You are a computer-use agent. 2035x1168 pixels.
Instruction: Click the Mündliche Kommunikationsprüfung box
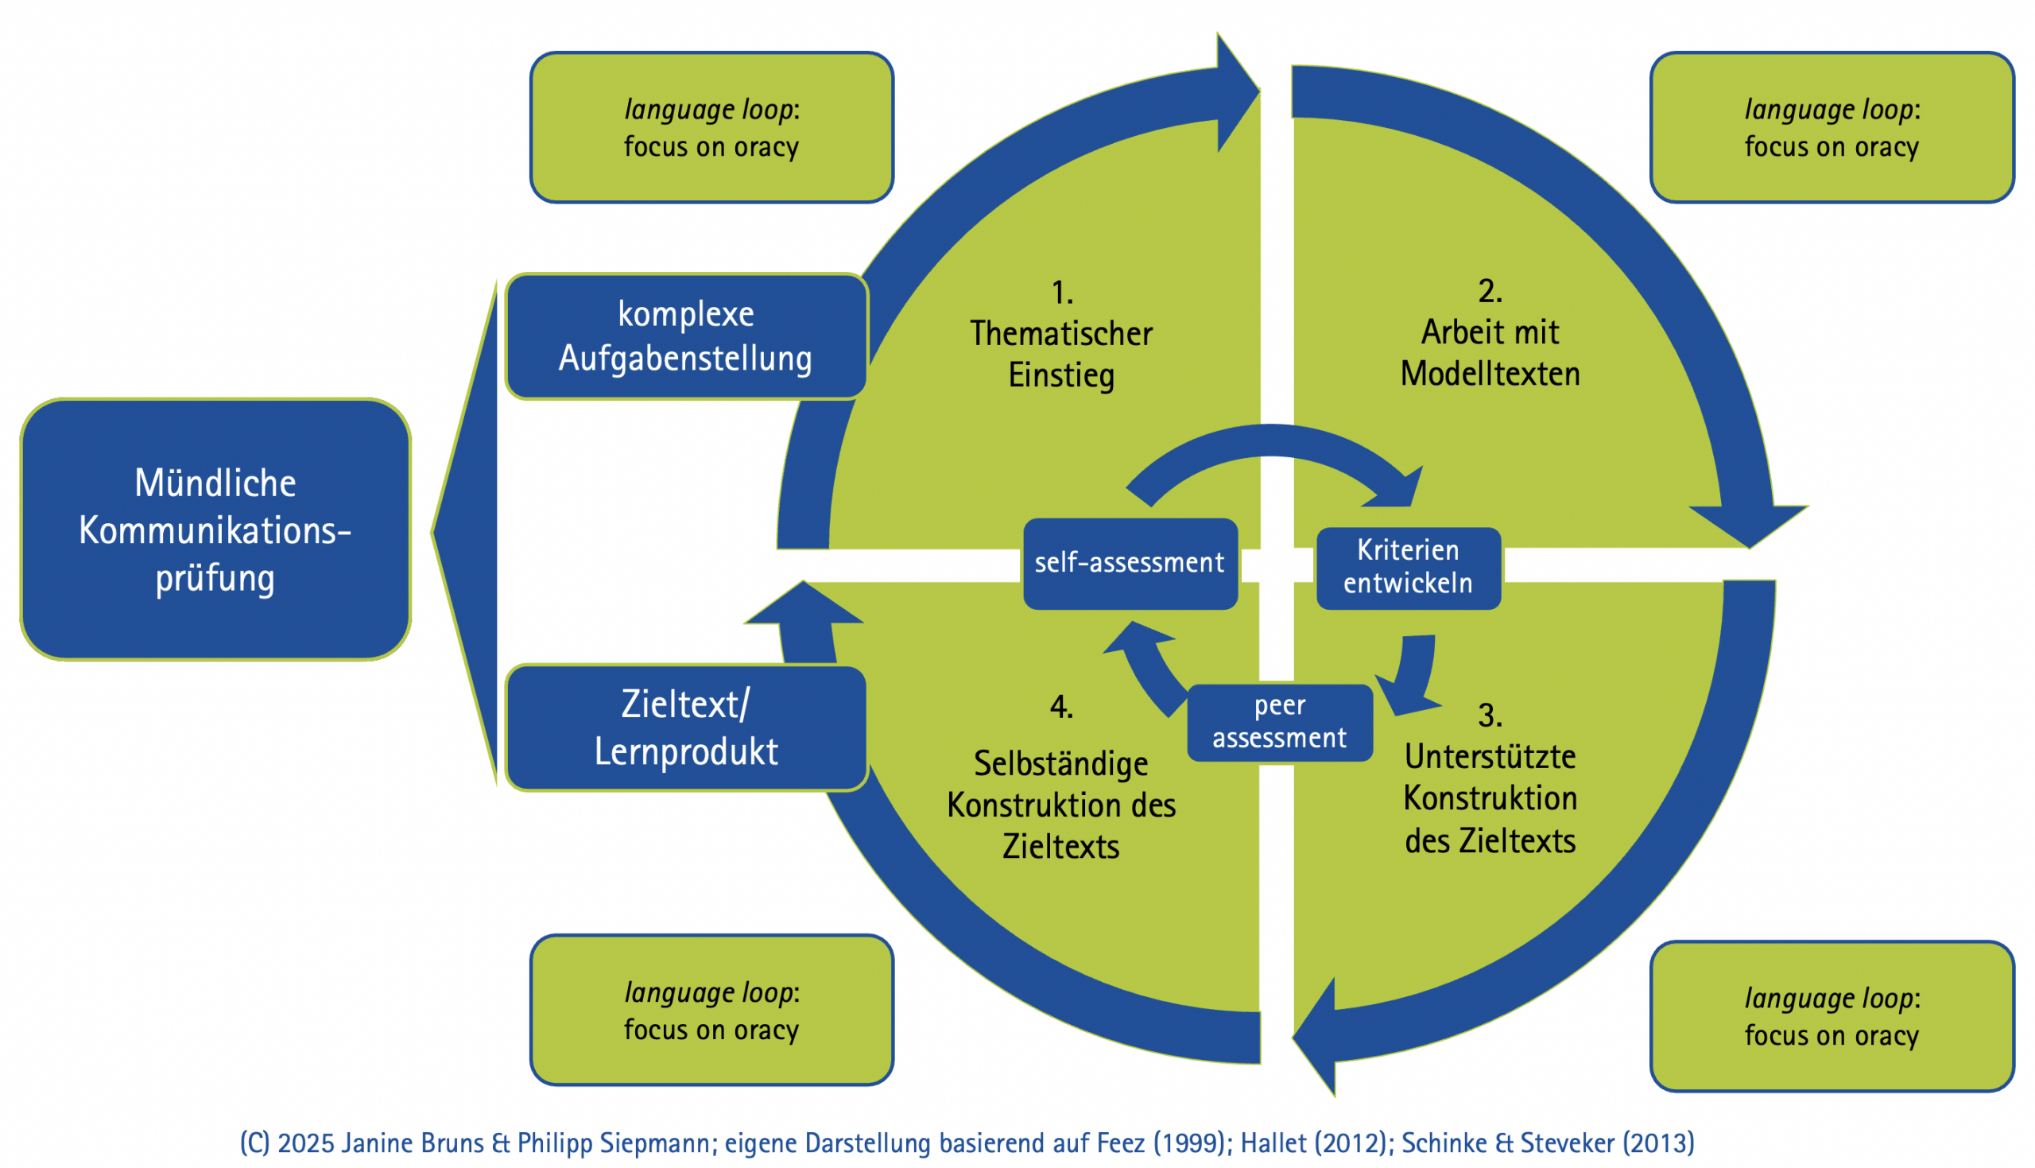pos(215,530)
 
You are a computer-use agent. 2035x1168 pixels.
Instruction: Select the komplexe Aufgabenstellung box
pos(685,336)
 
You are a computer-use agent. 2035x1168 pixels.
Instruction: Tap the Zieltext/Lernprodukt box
pos(685,728)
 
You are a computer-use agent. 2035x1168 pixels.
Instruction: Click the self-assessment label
pos(1129,563)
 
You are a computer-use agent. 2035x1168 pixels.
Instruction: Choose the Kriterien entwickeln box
pos(1408,567)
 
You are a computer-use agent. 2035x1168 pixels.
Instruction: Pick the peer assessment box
pos(1279,722)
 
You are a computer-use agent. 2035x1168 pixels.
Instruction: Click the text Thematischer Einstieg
pos(1060,355)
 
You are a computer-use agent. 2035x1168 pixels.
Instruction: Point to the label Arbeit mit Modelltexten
pos(1490,353)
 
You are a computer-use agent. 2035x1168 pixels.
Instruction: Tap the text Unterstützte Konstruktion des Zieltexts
pos(1490,799)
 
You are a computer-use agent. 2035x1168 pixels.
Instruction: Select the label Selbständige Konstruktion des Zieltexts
pos(1060,805)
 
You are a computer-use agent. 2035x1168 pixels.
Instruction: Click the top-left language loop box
pos(711,127)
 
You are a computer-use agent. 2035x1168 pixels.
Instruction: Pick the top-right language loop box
pos(1831,127)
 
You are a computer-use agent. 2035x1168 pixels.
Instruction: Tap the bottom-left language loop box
pos(711,1010)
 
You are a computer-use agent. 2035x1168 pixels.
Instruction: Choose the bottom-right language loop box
pos(1831,1016)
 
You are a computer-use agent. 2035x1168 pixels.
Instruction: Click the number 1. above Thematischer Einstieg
pos(1061,293)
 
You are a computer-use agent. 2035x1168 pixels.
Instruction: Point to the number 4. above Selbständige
pos(1060,707)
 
